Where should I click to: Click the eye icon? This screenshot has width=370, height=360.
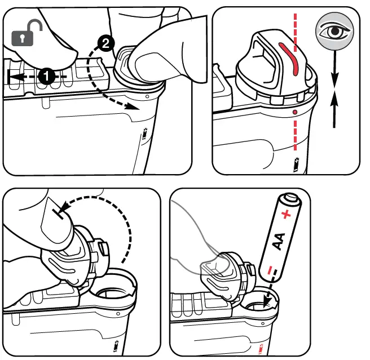(333, 30)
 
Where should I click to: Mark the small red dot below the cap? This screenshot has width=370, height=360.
(295, 112)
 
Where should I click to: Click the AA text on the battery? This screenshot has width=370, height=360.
(278, 240)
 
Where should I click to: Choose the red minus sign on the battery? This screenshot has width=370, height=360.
(272, 265)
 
